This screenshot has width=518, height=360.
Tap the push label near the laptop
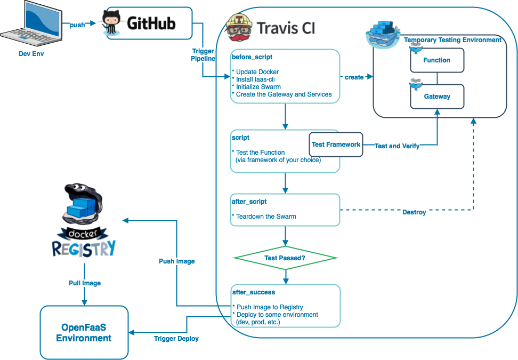pyautogui.click(x=77, y=25)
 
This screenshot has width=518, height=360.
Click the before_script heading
pyautogui.click(x=252, y=57)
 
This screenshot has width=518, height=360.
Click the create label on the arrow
pyautogui.click(x=354, y=77)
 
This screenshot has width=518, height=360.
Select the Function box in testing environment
pyautogui.click(x=437, y=60)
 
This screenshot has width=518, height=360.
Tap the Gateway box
pyautogui.click(x=437, y=97)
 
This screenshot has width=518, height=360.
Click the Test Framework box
pyautogui.click(x=336, y=145)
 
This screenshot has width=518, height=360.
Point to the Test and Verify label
pyautogui.click(x=397, y=146)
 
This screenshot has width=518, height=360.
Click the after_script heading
pyautogui.click(x=249, y=202)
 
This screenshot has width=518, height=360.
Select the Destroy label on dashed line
pyautogui.click(x=414, y=212)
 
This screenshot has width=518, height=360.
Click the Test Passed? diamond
pyautogui.click(x=286, y=258)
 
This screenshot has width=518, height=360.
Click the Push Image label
pyautogui.click(x=177, y=261)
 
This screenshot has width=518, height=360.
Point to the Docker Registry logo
pyautogui.click(x=84, y=220)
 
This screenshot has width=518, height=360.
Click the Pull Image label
pyautogui.click(x=85, y=283)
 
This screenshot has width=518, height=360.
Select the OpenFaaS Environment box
pyautogui.click(x=84, y=333)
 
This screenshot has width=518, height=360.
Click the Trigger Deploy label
pyautogui.click(x=176, y=339)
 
